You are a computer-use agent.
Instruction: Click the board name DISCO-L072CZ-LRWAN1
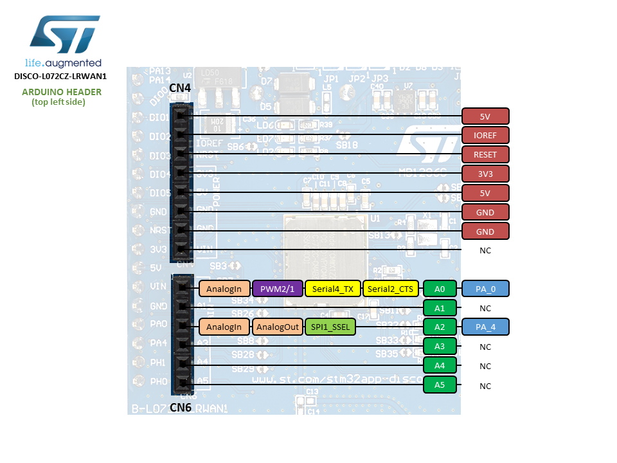60,76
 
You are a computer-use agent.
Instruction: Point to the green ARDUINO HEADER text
62,92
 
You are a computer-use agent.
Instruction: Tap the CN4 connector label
180,87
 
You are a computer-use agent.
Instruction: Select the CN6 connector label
181,408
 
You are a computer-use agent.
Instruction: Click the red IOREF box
485,135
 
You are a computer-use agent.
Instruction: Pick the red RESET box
485,154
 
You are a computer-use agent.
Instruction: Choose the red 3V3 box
485,174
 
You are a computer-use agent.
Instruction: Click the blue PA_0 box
485,289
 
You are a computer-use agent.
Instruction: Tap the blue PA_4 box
485,327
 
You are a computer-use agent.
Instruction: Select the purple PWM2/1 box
277,289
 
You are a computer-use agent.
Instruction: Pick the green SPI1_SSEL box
330,327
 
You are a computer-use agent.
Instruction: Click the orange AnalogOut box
278,327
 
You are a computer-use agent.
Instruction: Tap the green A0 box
440,289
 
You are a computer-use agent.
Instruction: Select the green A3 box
440,347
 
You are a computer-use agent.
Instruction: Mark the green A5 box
440,385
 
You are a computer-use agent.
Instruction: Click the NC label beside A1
485,309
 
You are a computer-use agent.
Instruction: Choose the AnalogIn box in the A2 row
224,327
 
